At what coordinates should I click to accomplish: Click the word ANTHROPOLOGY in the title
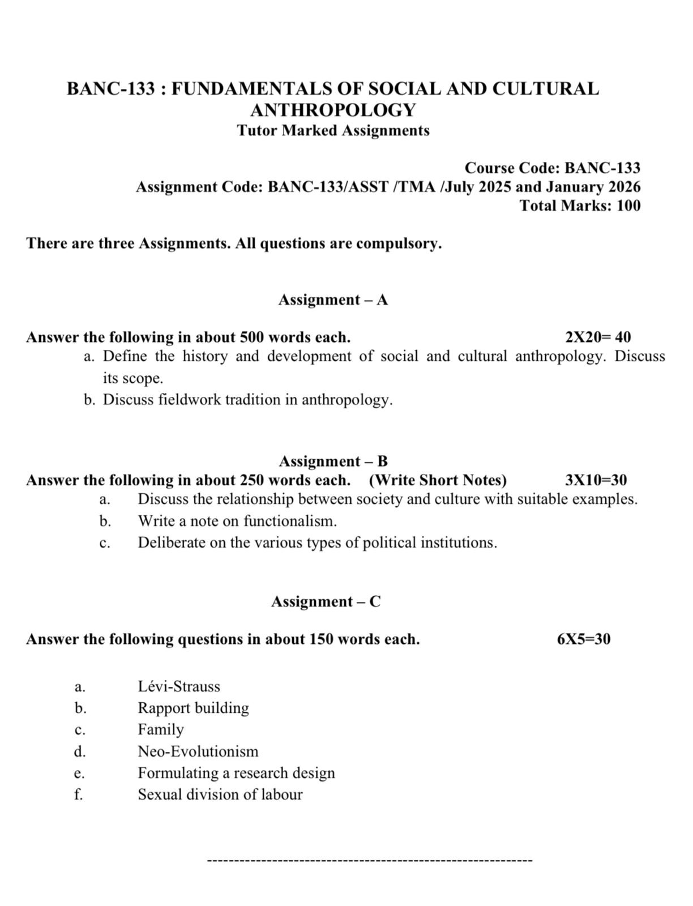[333, 110]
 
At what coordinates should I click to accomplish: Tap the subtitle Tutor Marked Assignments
[333, 131]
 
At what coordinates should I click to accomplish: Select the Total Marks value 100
[628, 206]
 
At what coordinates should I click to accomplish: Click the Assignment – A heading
[333, 300]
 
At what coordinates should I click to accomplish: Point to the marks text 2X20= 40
[598, 337]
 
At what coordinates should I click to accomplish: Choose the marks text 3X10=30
[596, 481]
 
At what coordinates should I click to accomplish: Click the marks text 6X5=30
[584, 639]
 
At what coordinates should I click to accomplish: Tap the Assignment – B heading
[333, 461]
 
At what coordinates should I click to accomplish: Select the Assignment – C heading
[326, 601]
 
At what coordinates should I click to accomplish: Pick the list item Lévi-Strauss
[179, 687]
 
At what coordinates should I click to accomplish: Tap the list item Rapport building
[193, 708]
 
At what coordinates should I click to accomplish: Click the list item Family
[161, 730]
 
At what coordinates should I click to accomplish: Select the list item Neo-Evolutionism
[198, 752]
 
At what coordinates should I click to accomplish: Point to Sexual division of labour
[220, 795]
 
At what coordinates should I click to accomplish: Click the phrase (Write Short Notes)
[438, 481]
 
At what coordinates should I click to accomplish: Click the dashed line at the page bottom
[370, 861]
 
